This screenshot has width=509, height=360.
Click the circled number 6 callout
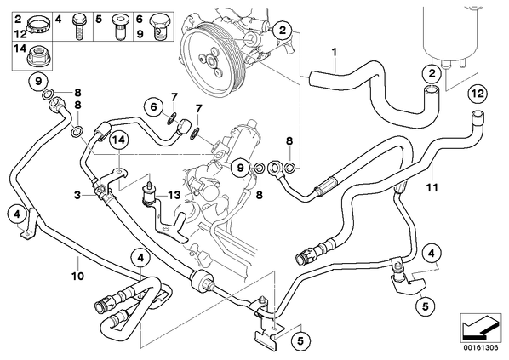pyautogui.click(x=153, y=106)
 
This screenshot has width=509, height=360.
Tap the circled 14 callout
pyautogui.click(x=119, y=140)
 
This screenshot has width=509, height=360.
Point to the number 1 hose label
pyautogui.click(x=334, y=52)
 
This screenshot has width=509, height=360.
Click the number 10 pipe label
pyautogui.click(x=78, y=276)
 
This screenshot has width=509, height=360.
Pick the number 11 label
pyautogui.click(x=432, y=187)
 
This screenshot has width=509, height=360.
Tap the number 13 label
pyautogui.click(x=174, y=195)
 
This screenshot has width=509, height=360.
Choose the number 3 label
pyautogui.click(x=77, y=195)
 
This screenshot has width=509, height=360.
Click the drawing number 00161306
pyautogui.click(x=481, y=348)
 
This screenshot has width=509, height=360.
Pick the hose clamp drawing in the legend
pyautogui.click(x=37, y=25)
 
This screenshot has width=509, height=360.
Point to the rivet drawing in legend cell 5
pyautogui.click(x=118, y=26)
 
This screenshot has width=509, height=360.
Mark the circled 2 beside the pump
pyautogui.click(x=283, y=31)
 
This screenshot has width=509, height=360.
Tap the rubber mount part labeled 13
pyautogui.click(x=149, y=195)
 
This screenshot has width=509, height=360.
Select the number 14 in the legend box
pyautogui.click(x=20, y=49)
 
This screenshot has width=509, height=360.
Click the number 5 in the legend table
pyautogui.click(x=99, y=20)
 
